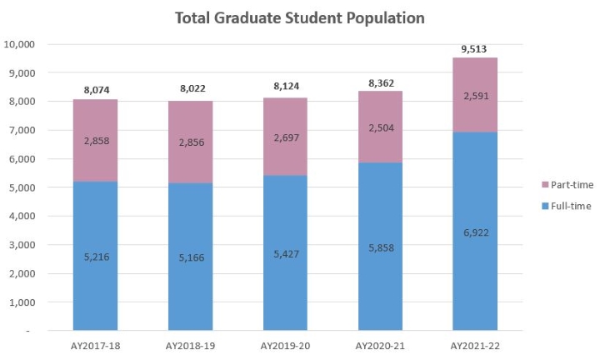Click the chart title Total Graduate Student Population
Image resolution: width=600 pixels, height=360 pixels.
[x=300, y=17]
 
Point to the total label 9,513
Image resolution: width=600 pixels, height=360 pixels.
[x=474, y=48]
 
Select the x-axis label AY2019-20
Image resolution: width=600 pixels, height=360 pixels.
[x=285, y=345]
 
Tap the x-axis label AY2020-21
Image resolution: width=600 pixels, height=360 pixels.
[x=380, y=345]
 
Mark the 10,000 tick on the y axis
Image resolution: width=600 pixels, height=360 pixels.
[x=20, y=44]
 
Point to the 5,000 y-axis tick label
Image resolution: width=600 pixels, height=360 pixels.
[x=22, y=187]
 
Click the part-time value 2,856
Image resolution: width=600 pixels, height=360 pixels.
[x=191, y=142]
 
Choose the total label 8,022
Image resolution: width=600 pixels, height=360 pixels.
[x=191, y=90]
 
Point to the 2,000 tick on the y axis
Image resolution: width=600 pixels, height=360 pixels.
[x=22, y=273]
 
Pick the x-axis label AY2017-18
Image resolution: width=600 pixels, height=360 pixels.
[x=96, y=345]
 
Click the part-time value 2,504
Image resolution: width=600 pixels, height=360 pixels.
[x=380, y=127]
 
